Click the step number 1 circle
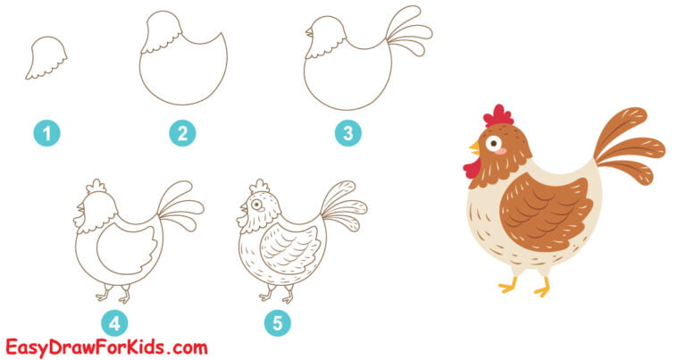click(47, 134)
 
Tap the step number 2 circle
click(182, 134)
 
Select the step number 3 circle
click(348, 134)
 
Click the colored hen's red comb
click(498, 116)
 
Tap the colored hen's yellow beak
click(474, 146)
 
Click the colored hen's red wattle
click(472, 166)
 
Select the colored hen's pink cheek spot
click(502, 152)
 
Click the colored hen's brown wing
click(546, 212)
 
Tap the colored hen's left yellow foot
click(508, 285)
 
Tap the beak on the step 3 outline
click(309, 33)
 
